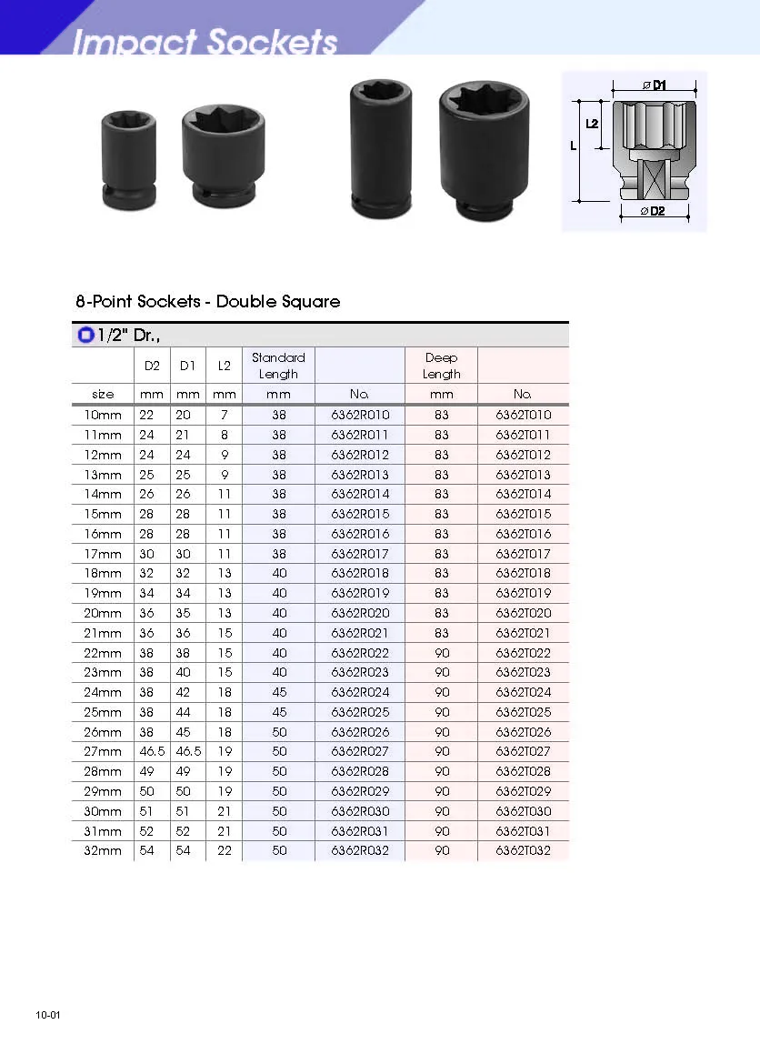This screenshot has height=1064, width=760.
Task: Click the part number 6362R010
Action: coord(360,416)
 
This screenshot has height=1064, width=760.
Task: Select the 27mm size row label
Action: coord(103,752)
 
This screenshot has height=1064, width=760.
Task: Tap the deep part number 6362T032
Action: coord(523,851)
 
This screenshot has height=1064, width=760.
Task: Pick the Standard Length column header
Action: coord(278,366)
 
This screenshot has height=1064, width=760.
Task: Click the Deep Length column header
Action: coord(441,366)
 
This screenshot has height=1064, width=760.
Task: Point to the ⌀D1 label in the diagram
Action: coord(655,85)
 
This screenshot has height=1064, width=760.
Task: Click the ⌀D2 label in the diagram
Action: coord(654,212)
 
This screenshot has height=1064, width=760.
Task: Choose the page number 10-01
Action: coord(48,1015)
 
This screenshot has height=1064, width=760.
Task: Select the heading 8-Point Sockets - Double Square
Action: coord(208,301)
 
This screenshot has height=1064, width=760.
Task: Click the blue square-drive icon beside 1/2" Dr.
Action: coord(85,336)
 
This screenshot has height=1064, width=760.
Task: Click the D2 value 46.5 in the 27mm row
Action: coord(146,752)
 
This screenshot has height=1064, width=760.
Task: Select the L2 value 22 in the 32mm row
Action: coord(224,851)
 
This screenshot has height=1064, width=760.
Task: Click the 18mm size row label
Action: coord(103,574)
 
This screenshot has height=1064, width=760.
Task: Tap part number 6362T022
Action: coord(523,653)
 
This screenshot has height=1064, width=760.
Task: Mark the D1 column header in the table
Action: coord(187,366)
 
